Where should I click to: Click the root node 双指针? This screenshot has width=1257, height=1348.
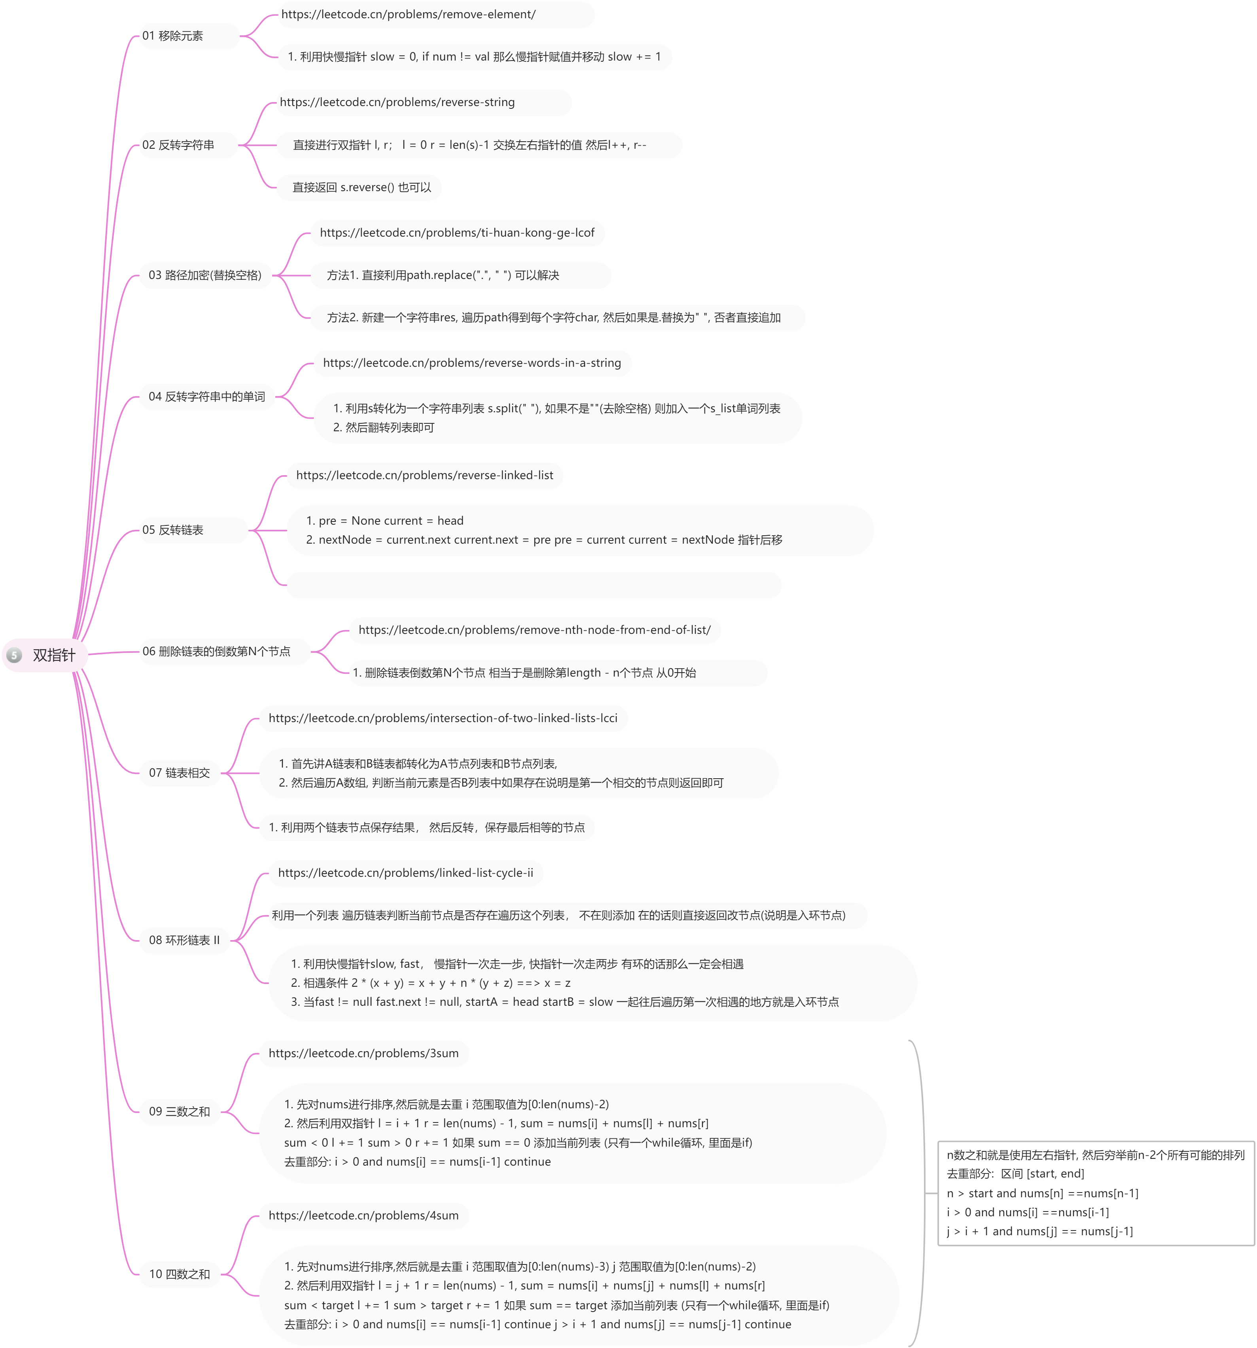(x=53, y=655)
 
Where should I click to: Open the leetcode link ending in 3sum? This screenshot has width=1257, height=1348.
(x=363, y=1053)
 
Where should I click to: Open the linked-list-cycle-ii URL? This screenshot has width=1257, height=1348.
(x=405, y=873)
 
